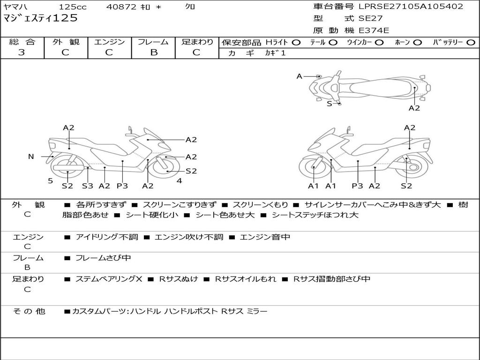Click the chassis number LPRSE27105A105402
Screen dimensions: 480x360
(411, 7)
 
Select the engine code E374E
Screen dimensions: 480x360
(374, 30)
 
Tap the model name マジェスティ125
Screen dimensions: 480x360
(40, 18)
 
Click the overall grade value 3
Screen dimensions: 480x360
(22, 52)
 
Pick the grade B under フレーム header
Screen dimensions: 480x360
(154, 52)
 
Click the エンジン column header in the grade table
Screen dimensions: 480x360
(110, 42)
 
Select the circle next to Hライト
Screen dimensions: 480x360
(296, 43)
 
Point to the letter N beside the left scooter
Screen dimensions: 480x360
(31, 157)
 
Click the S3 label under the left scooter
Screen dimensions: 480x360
(87, 186)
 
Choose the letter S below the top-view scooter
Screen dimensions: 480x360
(329, 104)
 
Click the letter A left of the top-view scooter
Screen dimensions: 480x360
(299, 76)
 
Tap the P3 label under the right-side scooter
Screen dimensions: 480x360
(357, 186)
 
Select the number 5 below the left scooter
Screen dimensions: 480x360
(50, 180)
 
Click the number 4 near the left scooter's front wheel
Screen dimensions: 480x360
(179, 180)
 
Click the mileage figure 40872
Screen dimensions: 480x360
(121, 7)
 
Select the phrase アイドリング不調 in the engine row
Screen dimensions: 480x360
(107, 237)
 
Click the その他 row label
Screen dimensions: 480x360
(29, 311)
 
